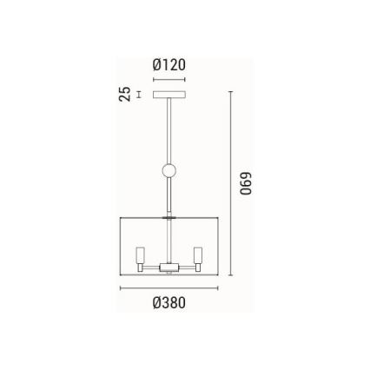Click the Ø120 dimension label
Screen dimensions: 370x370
click(168, 65)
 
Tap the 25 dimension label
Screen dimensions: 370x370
click(125, 94)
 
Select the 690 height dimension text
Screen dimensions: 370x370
click(246, 186)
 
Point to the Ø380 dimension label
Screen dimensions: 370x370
click(168, 303)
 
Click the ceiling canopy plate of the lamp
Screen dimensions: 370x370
click(168, 94)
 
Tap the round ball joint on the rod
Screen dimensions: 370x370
click(168, 171)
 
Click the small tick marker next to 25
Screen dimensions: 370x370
click(139, 94)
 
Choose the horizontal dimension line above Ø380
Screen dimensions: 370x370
click(168, 287)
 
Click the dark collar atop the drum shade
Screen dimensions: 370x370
click(168, 218)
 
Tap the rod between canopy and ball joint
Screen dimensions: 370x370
click(168, 130)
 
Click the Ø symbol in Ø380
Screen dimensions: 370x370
click(155, 303)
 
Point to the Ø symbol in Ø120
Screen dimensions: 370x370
click(156, 65)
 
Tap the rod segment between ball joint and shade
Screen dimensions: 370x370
click(168, 198)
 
